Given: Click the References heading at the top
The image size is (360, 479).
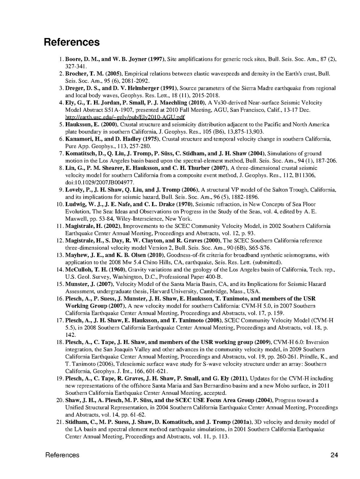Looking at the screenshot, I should click(72, 42).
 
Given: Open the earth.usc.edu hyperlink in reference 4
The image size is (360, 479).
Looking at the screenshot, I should click(125, 117).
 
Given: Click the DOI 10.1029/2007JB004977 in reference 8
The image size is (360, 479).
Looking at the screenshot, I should click(96, 182).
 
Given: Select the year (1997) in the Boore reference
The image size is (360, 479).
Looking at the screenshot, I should click(154, 59).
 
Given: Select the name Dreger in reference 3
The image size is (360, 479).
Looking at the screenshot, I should click(74, 88).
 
